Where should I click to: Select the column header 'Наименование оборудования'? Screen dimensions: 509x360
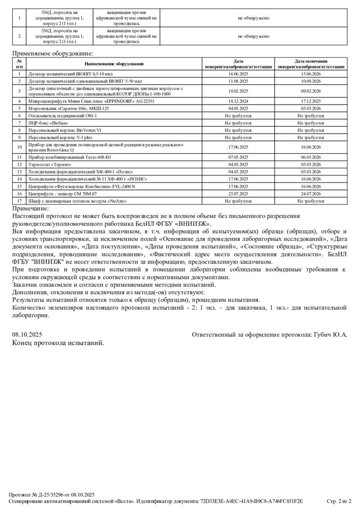(x=114, y=64)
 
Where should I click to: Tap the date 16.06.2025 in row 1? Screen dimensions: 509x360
(x=238, y=73)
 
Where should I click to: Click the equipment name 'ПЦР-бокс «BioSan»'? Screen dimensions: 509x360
(x=49, y=122)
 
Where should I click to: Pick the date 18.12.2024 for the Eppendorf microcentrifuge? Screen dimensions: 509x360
(x=238, y=101)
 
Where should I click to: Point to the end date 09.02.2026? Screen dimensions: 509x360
(x=311, y=91)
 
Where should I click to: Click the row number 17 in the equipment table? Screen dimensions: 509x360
(x=19, y=201)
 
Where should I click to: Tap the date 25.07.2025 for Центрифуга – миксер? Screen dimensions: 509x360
(x=238, y=194)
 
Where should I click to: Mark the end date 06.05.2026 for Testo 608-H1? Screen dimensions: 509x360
(x=311, y=157)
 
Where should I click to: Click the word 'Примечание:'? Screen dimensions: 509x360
(x=31, y=209)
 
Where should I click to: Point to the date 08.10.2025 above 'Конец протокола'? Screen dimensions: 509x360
(x=27, y=335)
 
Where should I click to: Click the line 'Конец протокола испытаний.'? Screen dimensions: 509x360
(x=58, y=343)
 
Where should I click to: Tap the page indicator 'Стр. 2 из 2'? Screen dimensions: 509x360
(x=338, y=501)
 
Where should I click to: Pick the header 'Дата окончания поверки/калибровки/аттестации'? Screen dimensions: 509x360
(x=311, y=64)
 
